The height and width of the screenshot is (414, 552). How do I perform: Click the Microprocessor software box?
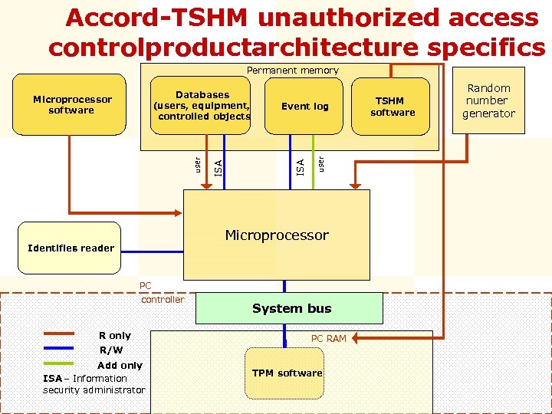click(73, 105)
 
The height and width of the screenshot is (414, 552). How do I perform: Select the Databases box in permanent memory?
click(202, 106)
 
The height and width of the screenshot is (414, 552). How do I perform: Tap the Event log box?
click(304, 107)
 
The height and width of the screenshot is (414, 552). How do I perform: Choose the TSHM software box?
click(393, 107)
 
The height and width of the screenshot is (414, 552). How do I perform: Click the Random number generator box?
click(488, 100)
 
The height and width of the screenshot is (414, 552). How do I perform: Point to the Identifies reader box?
click(70, 248)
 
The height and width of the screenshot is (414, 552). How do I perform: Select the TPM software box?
click(288, 373)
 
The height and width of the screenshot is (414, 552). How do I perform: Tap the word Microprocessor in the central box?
click(277, 235)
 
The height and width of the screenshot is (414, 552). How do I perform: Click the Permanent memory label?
click(292, 71)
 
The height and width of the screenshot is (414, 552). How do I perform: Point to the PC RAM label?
click(328, 338)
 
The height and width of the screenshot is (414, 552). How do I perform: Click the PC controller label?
click(162, 293)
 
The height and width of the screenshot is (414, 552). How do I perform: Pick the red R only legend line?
click(58, 334)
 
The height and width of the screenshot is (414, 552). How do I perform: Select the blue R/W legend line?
click(58, 349)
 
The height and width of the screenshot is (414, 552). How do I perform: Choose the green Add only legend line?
click(58, 363)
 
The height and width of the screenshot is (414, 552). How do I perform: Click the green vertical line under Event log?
click(313, 161)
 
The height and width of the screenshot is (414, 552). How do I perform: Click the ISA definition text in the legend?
click(94, 384)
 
